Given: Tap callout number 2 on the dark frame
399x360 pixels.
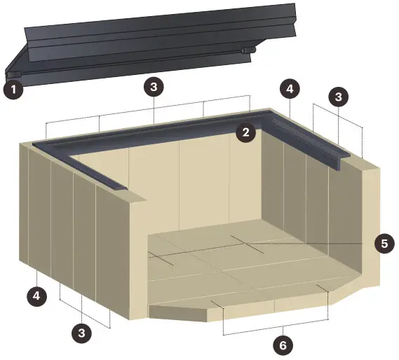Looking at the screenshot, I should [x=245, y=132].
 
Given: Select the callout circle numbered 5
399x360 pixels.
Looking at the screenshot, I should [x=384, y=243].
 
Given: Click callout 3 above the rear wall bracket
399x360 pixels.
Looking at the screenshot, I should [x=154, y=88].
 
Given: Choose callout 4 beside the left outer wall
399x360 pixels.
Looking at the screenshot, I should [x=37, y=296].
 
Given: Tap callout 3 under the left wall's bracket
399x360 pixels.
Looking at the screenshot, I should [x=82, y=332].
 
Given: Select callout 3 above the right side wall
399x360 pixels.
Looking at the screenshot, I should [x=338, y=96].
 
